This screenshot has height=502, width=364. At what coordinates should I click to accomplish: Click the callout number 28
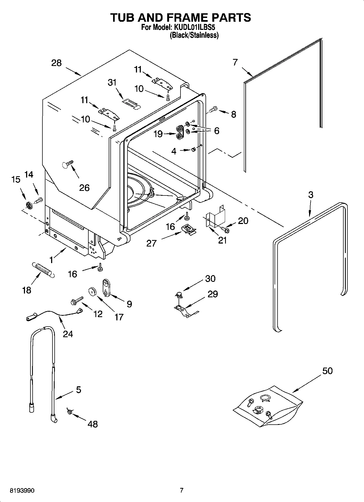pyautogui.click(x=57, y=63)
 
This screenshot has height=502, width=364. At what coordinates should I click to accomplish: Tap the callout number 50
pyautogui.click(x=327, y=371)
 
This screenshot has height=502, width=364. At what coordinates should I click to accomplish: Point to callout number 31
pyautogui.click(x=112, y=82)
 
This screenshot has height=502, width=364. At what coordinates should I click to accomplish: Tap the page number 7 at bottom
pyautogui.click(x=182, y=490)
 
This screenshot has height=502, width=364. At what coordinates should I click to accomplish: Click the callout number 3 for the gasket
pyautogui.click(x=310, y=194)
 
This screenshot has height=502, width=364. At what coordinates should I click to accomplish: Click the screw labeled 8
pyautogui.click(x=213, y=109)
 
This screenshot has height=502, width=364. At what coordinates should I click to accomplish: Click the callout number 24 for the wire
pyautogui.click(x=68, y=333)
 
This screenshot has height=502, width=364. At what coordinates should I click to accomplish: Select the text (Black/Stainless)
pyautogui.click(x=194, y=35)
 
